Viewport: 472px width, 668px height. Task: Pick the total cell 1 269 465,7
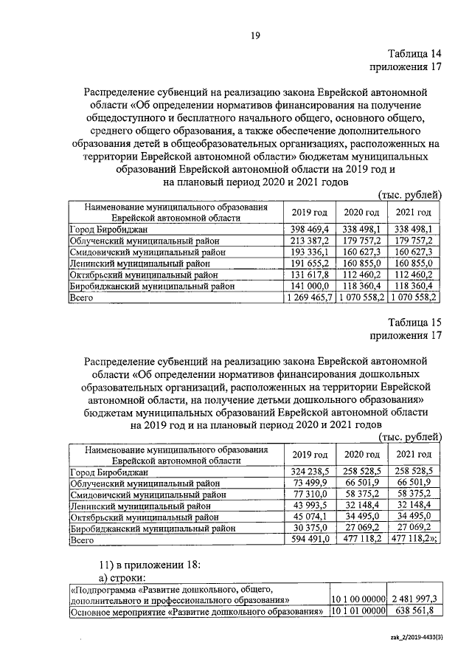308,297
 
